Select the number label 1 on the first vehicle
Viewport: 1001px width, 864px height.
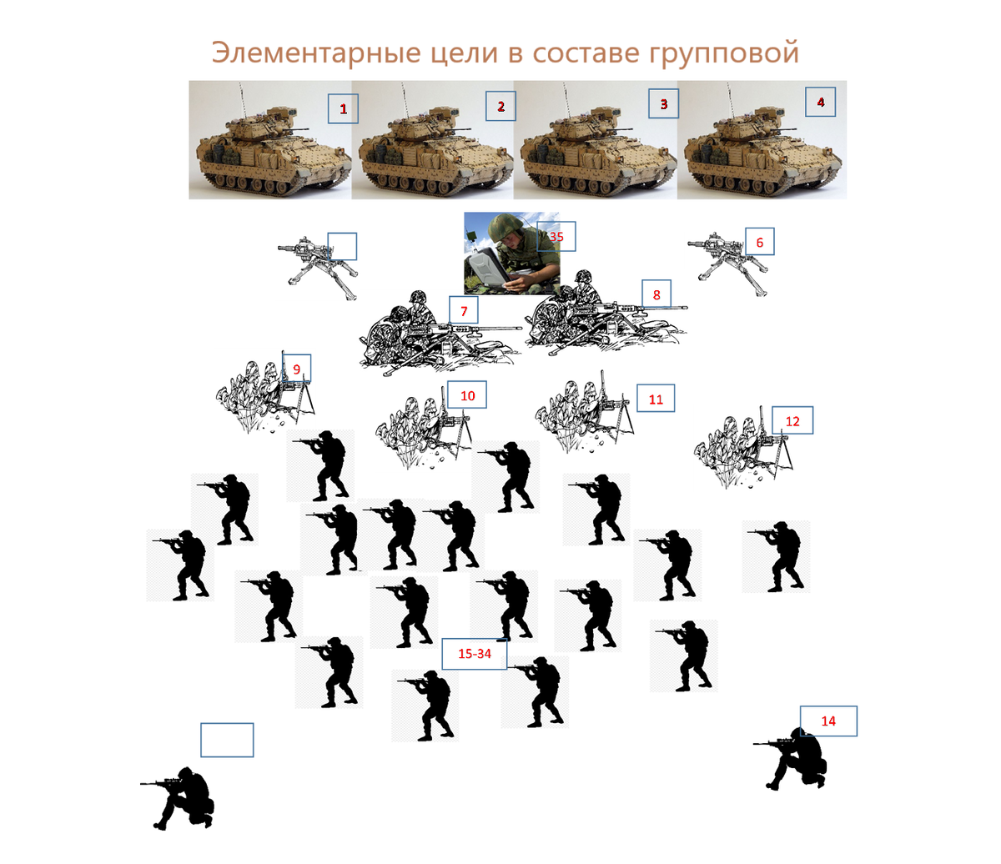343,109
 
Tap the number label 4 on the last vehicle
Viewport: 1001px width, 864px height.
820,103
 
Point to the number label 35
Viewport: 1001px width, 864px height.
556,237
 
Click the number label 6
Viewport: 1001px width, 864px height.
759,242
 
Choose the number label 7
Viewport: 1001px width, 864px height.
464,311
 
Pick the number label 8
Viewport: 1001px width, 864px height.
656,294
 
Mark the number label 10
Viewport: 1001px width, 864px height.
467,395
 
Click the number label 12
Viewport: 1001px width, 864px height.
792,421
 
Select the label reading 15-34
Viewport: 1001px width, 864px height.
475,653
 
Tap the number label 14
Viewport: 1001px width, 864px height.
828,721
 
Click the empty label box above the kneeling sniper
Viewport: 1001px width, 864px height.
227,740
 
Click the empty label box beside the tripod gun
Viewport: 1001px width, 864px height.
342,246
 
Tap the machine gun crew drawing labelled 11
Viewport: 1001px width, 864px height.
585,412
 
